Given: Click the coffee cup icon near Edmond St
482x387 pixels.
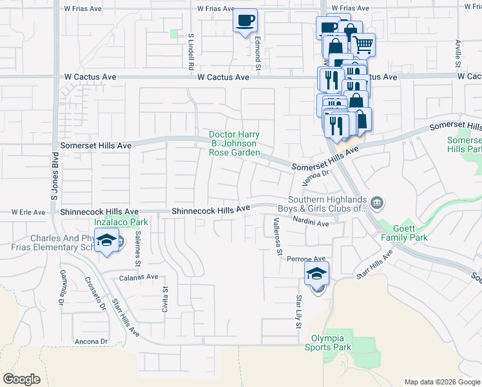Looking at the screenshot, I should click(x=245, y=21).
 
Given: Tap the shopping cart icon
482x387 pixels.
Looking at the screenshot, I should click(x=363, y=45).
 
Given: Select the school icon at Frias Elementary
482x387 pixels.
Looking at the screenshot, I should click(x=106, y=242).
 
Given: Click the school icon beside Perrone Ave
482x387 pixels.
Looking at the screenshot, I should click(x=316, y=273).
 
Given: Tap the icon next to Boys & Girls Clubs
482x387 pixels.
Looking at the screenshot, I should click(x=378, y=204).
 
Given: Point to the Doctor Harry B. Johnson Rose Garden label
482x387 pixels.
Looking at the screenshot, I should click(x=234, y=144).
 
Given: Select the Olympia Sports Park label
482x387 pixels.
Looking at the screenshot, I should click(x=332, y=342).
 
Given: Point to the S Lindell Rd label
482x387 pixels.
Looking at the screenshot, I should click(x=191, y=52).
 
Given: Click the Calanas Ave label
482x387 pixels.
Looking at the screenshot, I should click(x=139, y=277).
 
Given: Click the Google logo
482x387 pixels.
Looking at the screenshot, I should click(x=22, y=379).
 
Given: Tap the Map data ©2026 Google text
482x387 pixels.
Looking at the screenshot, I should click(x=441, y=382).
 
